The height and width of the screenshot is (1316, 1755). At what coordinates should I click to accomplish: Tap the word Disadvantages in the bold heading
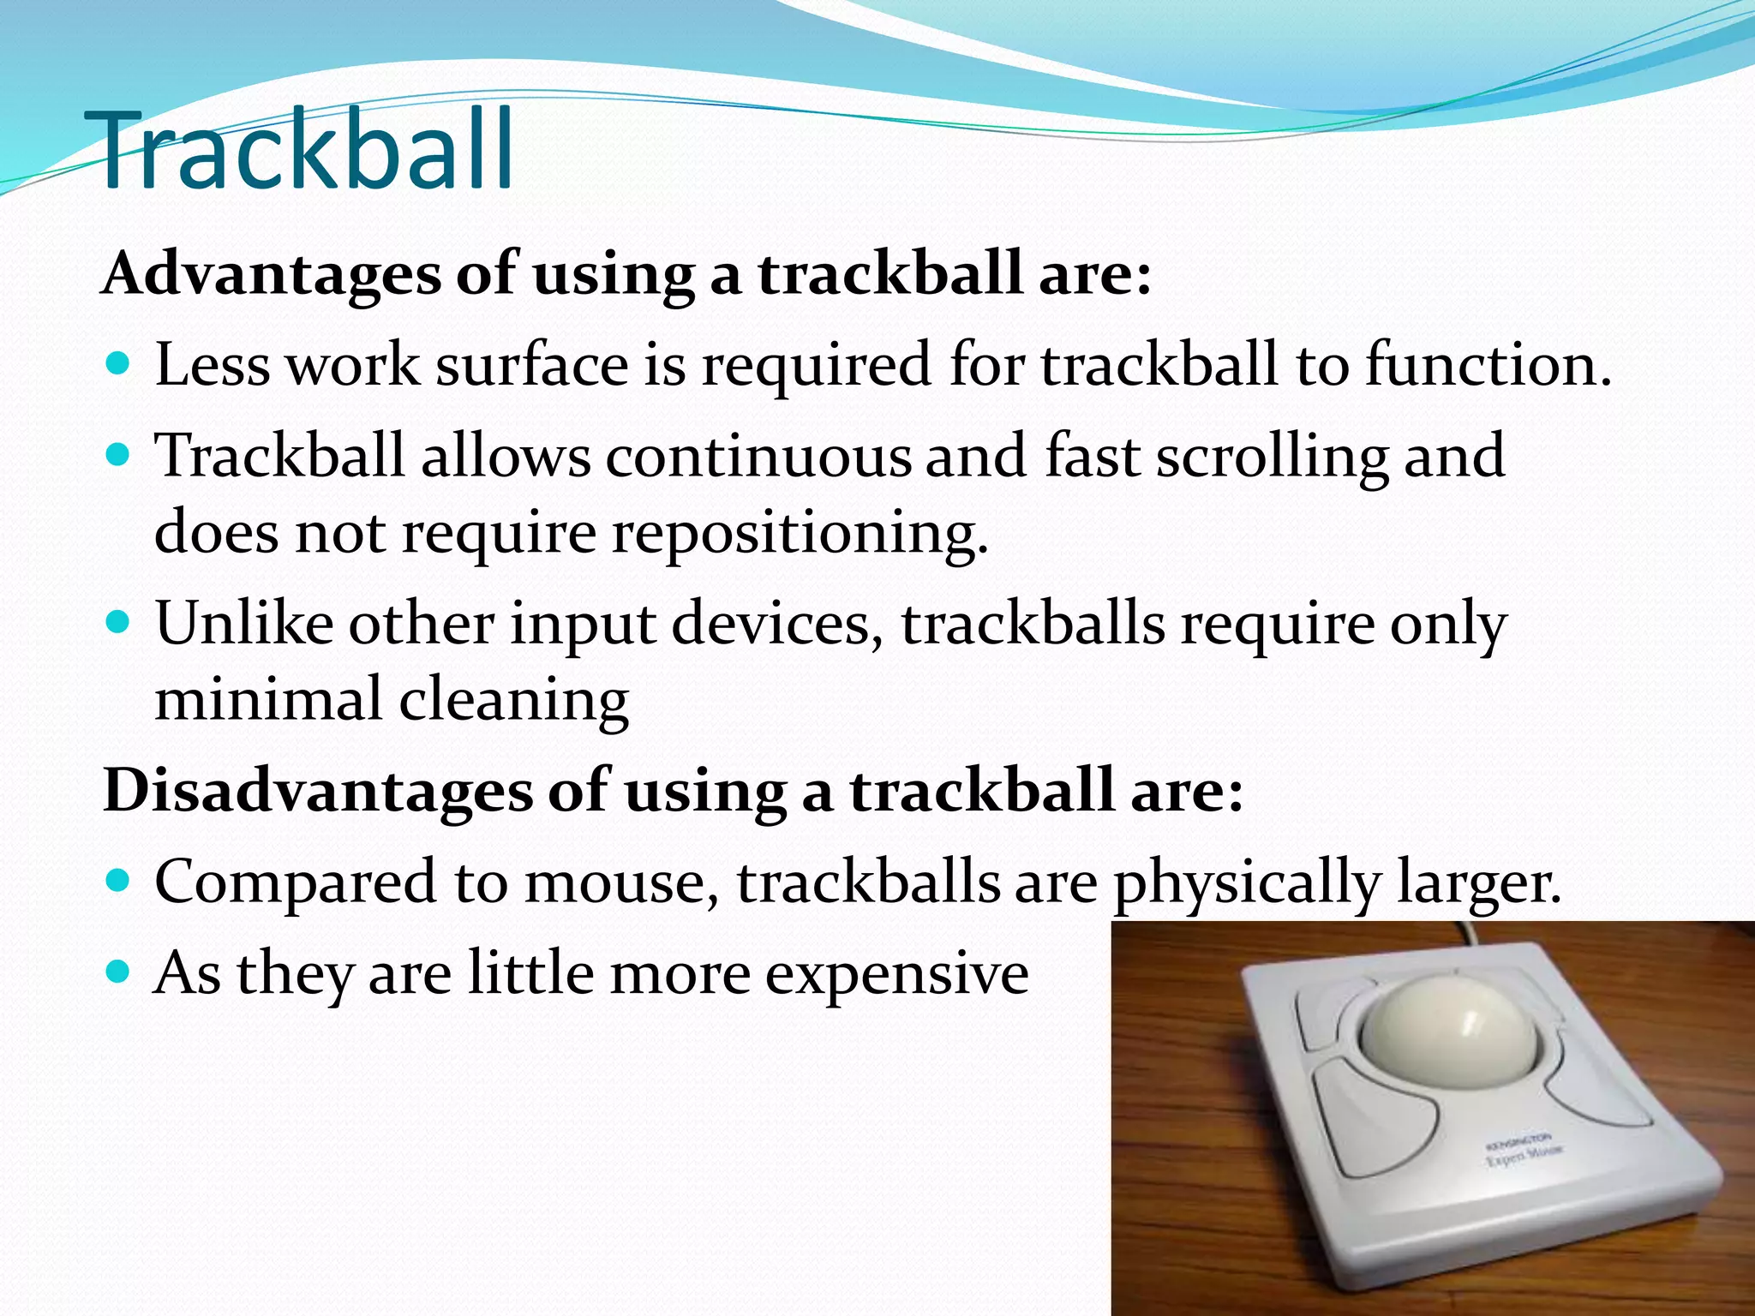[x=317, y=790]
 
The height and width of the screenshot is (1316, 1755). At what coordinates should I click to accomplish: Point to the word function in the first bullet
[x=1487, y=365]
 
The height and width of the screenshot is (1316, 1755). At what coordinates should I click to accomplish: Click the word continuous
[x=758, y=456]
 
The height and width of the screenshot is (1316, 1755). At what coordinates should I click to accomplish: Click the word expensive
[x=896, y=974]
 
